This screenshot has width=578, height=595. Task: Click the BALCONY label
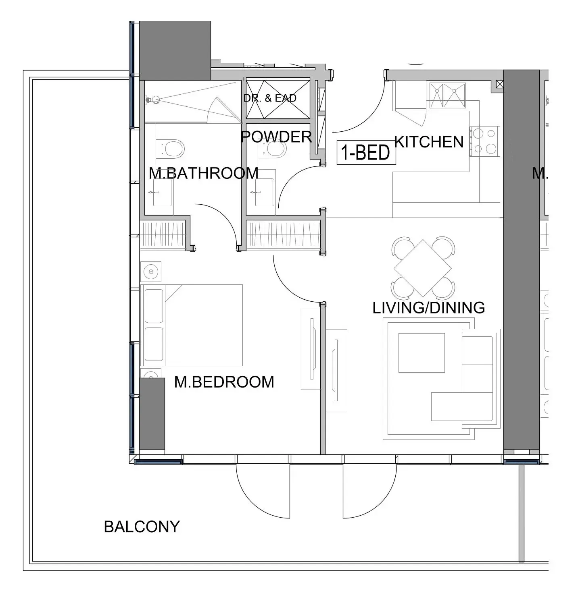tap(142, 527)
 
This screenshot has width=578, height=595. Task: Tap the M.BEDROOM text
tap(224, 382)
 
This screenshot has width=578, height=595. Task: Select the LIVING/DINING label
tap(428, 308)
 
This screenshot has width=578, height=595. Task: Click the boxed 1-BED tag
tap(366, 152)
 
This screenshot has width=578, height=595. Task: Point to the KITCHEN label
tap(429, 142)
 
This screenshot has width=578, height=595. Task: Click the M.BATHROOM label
tap(203, 173)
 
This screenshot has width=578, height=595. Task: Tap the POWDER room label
tap(276, 137)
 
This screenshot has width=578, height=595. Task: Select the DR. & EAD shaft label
tap(270, 98)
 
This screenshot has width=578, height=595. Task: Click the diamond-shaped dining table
tap(422, 268)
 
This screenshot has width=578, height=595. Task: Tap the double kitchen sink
tap(448, 95)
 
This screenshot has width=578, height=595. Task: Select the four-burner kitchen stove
tap(485, 141)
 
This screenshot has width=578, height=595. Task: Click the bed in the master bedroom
tap(192, 325)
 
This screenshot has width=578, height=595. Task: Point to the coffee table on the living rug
tap(421, 353)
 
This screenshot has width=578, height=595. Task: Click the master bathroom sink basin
tap(162, 193)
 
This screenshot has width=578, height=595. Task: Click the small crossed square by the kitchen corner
tap(500, 84)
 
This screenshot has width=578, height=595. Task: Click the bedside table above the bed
tap(151, 272)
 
